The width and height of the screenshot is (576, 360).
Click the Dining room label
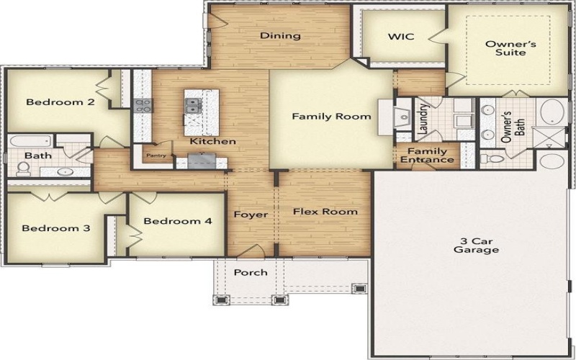[x=280, y=36]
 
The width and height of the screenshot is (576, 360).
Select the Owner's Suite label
[x=505, y=48]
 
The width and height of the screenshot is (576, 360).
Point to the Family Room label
[x=331, y=116]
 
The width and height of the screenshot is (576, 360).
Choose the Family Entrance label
[x=427, y=156]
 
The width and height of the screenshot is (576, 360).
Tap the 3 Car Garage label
[x=476, y=246]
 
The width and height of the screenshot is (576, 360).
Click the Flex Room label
[x=325, y=212]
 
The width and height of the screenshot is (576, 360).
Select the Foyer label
[x=251, y=215]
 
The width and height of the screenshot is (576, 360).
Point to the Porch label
[x=251, y=272]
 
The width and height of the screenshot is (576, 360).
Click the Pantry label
[x=156, y=155]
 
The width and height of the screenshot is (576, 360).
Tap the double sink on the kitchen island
[x=192, y=106]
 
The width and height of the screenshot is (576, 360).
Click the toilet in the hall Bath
[x=23, y=168]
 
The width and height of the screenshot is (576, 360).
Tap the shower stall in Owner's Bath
[x=551, y=138]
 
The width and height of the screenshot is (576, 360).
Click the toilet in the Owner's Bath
[x=487, y=158]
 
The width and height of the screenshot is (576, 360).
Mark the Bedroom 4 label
[x=177, y=221]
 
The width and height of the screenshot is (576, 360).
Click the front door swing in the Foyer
[x=252, y=251]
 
